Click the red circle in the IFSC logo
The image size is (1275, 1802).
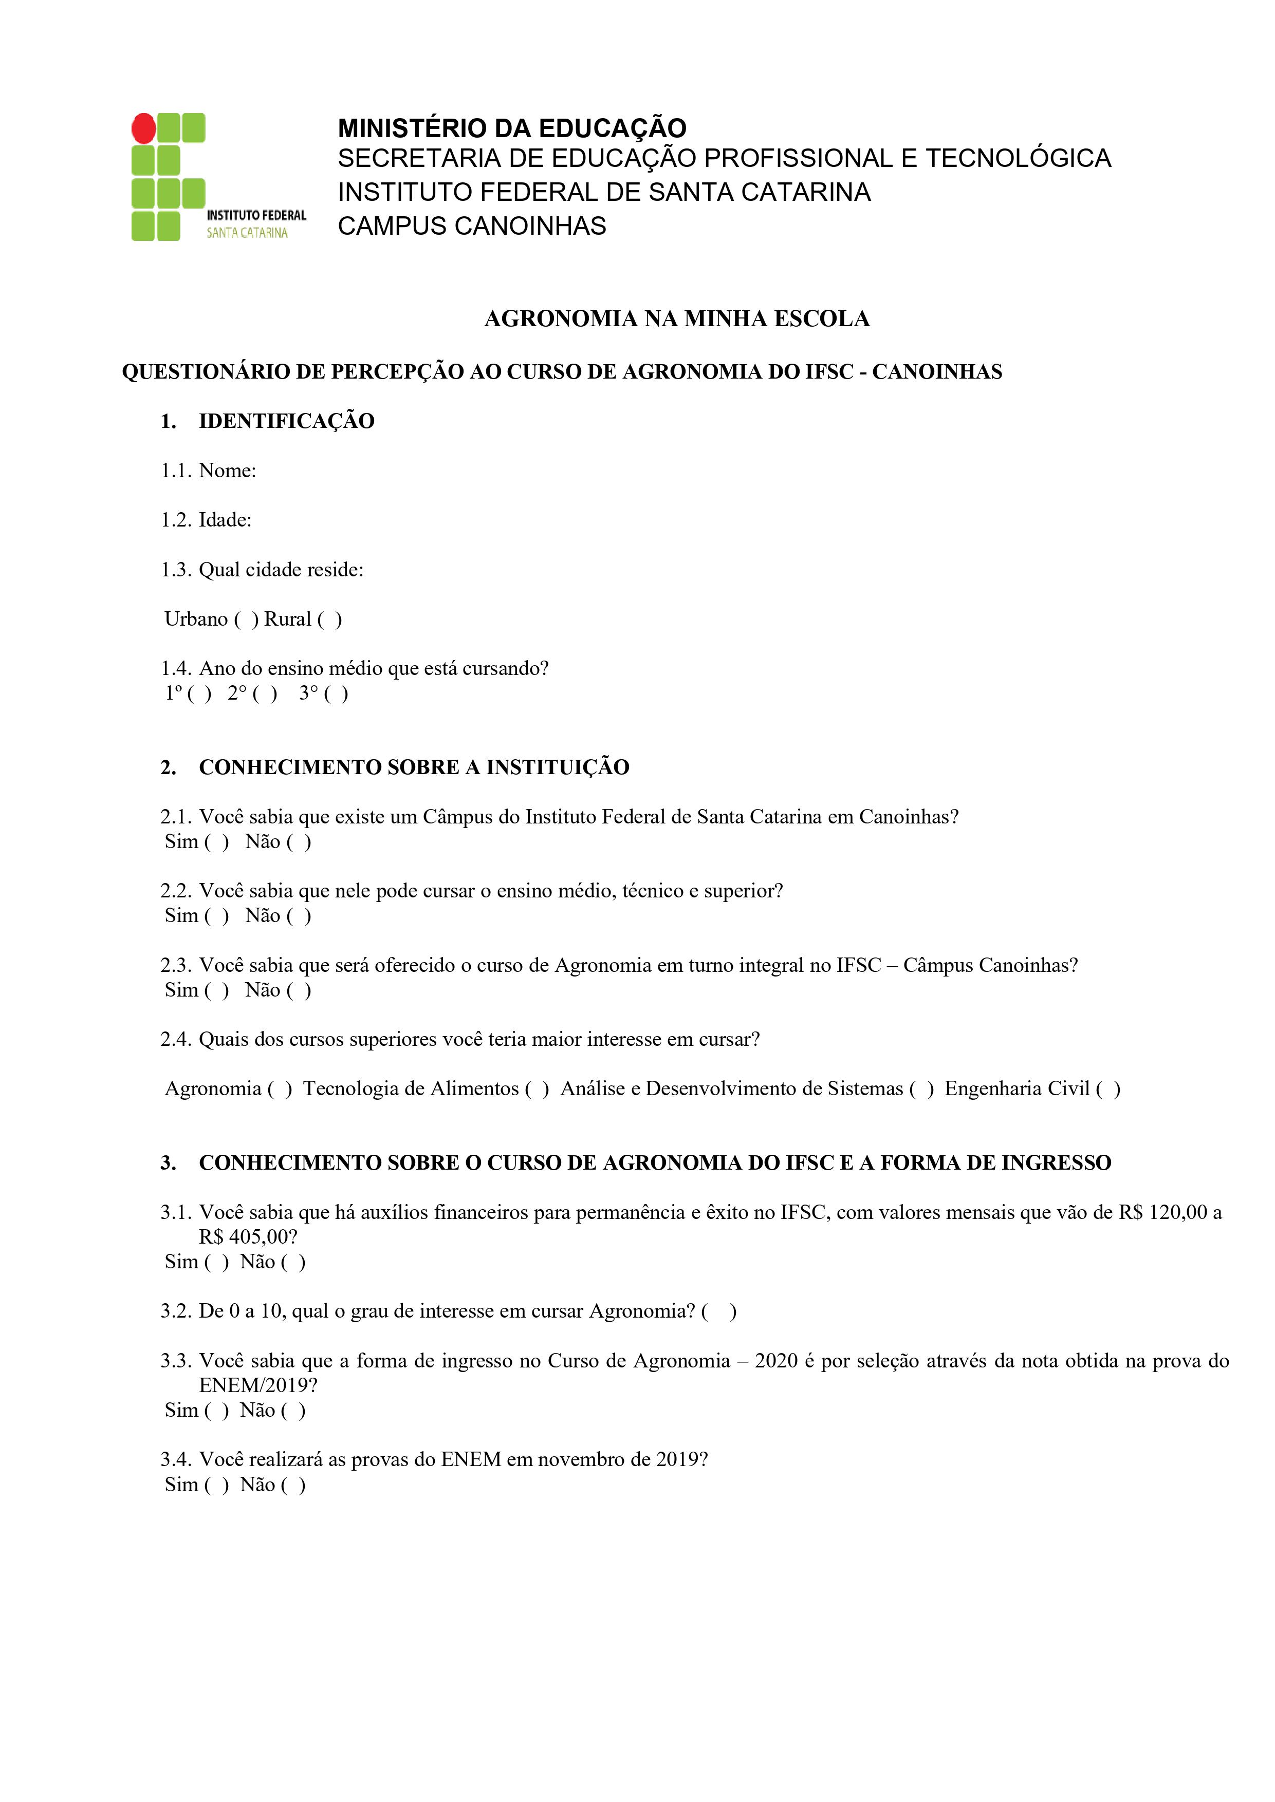click(144, 128)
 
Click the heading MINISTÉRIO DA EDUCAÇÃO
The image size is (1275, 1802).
click(512, 128)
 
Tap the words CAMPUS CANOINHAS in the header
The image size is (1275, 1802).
click(472, 226)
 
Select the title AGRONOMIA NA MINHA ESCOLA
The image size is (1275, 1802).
click(677, 318)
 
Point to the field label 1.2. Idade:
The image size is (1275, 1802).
click(207, 519)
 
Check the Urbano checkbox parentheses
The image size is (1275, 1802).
click(247, 619)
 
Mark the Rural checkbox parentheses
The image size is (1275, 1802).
click(330, 619)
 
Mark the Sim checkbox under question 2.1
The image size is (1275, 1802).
click(217, 842)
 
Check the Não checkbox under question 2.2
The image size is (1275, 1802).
click(299, 916)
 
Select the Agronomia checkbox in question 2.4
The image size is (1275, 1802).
click(280, 1088)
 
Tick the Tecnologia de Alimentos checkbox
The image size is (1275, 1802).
click(537, 1088)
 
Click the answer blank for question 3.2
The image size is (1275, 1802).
click(719, 1311)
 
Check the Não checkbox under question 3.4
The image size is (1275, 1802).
click(293, 1485)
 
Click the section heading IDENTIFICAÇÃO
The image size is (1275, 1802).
click(287, 421)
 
